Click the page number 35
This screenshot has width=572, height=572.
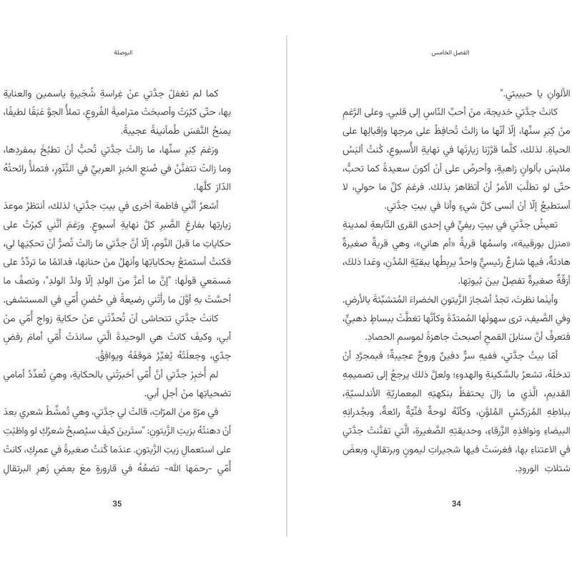tap(118, 503)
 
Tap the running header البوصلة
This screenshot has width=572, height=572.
tap(124, 54)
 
